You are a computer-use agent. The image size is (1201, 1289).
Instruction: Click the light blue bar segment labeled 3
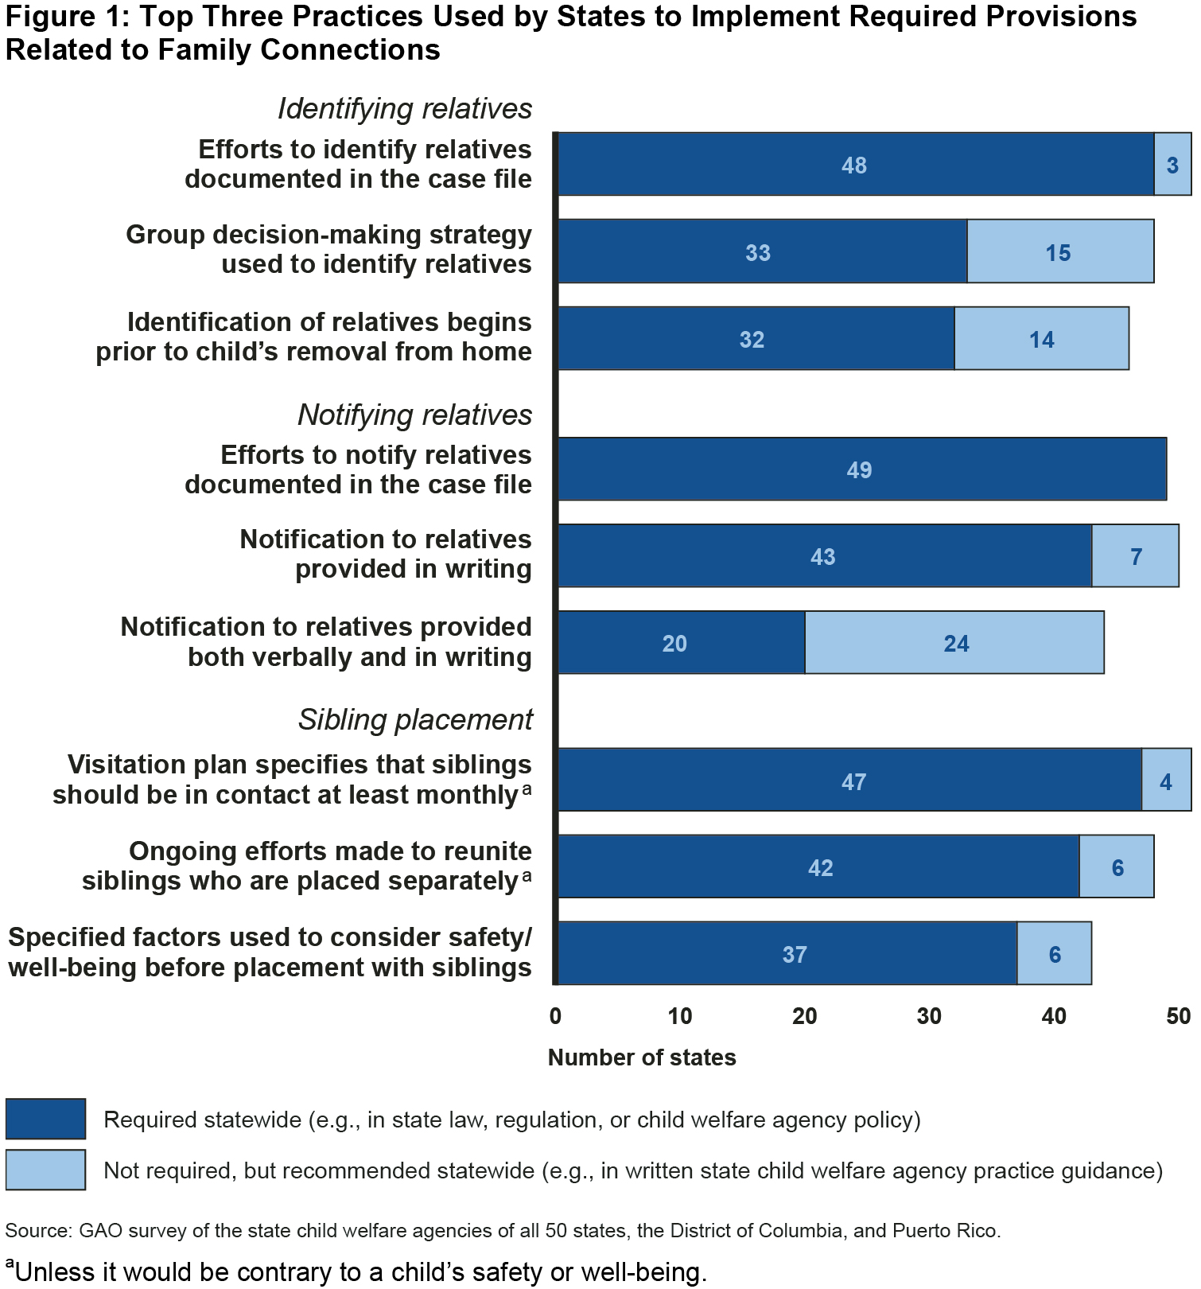coord(1172,164)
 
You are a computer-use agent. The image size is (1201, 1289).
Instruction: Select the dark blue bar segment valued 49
coord(861,469)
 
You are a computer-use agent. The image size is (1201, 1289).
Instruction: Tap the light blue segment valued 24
coord(954,642)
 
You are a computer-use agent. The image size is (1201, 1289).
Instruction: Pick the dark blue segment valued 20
coord(681,642)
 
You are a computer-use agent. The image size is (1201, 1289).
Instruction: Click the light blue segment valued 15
coord(1060,251)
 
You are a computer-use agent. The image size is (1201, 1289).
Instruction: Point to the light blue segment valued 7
coord(1135,555)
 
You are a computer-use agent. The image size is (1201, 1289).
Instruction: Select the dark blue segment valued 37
coord(787,953)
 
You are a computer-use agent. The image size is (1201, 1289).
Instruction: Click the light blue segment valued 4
coord(1166,780)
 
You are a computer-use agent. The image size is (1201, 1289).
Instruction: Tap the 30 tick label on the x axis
coord(929,1016)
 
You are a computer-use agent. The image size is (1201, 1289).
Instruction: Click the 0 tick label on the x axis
coord(555,1016)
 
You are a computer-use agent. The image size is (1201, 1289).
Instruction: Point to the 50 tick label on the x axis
coord(1178,1016)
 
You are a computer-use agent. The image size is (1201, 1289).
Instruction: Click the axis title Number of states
coord(642,1057)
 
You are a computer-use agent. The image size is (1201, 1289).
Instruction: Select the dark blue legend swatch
coord(45,1119)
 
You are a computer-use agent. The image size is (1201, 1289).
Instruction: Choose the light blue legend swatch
coord(45,1170)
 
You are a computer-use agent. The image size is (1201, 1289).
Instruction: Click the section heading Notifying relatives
coord(414,415)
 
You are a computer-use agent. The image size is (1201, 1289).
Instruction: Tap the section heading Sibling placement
coord(414,719)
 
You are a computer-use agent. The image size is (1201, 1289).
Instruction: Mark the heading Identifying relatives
coord(404,109)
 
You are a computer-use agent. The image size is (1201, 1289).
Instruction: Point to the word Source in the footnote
coord(37,1231)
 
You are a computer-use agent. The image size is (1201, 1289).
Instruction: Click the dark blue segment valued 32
coord(756,338)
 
